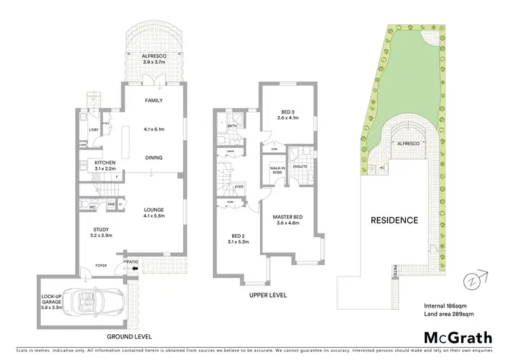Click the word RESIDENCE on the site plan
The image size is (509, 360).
(394, 221)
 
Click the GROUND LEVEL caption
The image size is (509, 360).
(128, 336)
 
